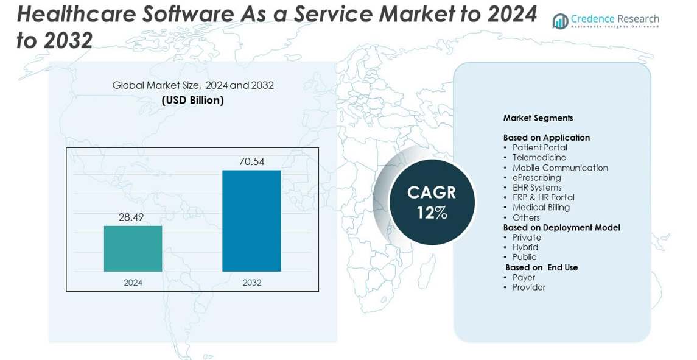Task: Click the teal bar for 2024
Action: (x=133, y=249)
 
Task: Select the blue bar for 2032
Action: (x=251, y=221)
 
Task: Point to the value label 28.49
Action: (x=131, y=217)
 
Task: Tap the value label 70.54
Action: (x=251, y=161)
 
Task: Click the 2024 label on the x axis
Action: (x=133, y=283)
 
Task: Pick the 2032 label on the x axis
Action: (x=251, y=283)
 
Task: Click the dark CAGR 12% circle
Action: (x=432, y=202)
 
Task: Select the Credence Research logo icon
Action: (x=560, y=22)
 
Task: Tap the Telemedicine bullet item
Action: (x=539, y=157)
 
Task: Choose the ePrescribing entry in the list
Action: (x=536, y=177)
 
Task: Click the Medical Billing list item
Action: (x=541, y=207)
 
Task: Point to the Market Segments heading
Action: (x=538, y=118)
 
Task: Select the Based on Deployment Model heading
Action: (x=561, y=227)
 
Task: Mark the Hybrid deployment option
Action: (x=525, y=247)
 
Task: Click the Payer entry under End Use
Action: (x=524, y=277)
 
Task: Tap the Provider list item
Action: (x=528, y=287)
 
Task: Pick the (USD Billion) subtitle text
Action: (x=192, y=100)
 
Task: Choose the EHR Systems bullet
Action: (x=536, y=187)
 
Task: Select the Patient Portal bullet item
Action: (x=539, y=147)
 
